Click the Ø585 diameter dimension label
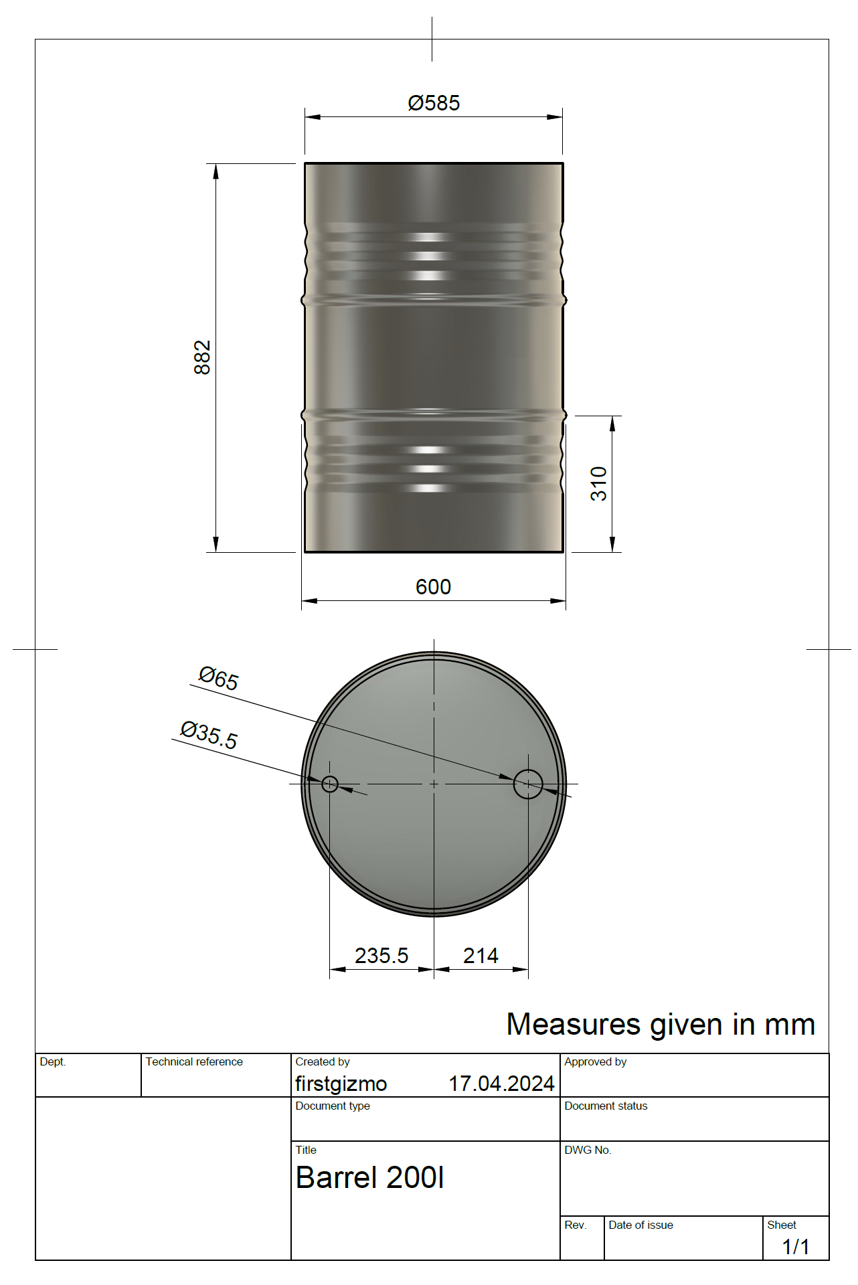click(434, 103)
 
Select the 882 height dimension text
click(202, 357)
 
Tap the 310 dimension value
click(598, 484)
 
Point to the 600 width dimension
click(433, 587)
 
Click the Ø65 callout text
click(218, 678)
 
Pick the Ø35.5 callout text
click(209, 735)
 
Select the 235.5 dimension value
click(381, 956)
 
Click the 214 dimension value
click(481, 956)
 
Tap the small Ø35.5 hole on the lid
click(330, 784)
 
